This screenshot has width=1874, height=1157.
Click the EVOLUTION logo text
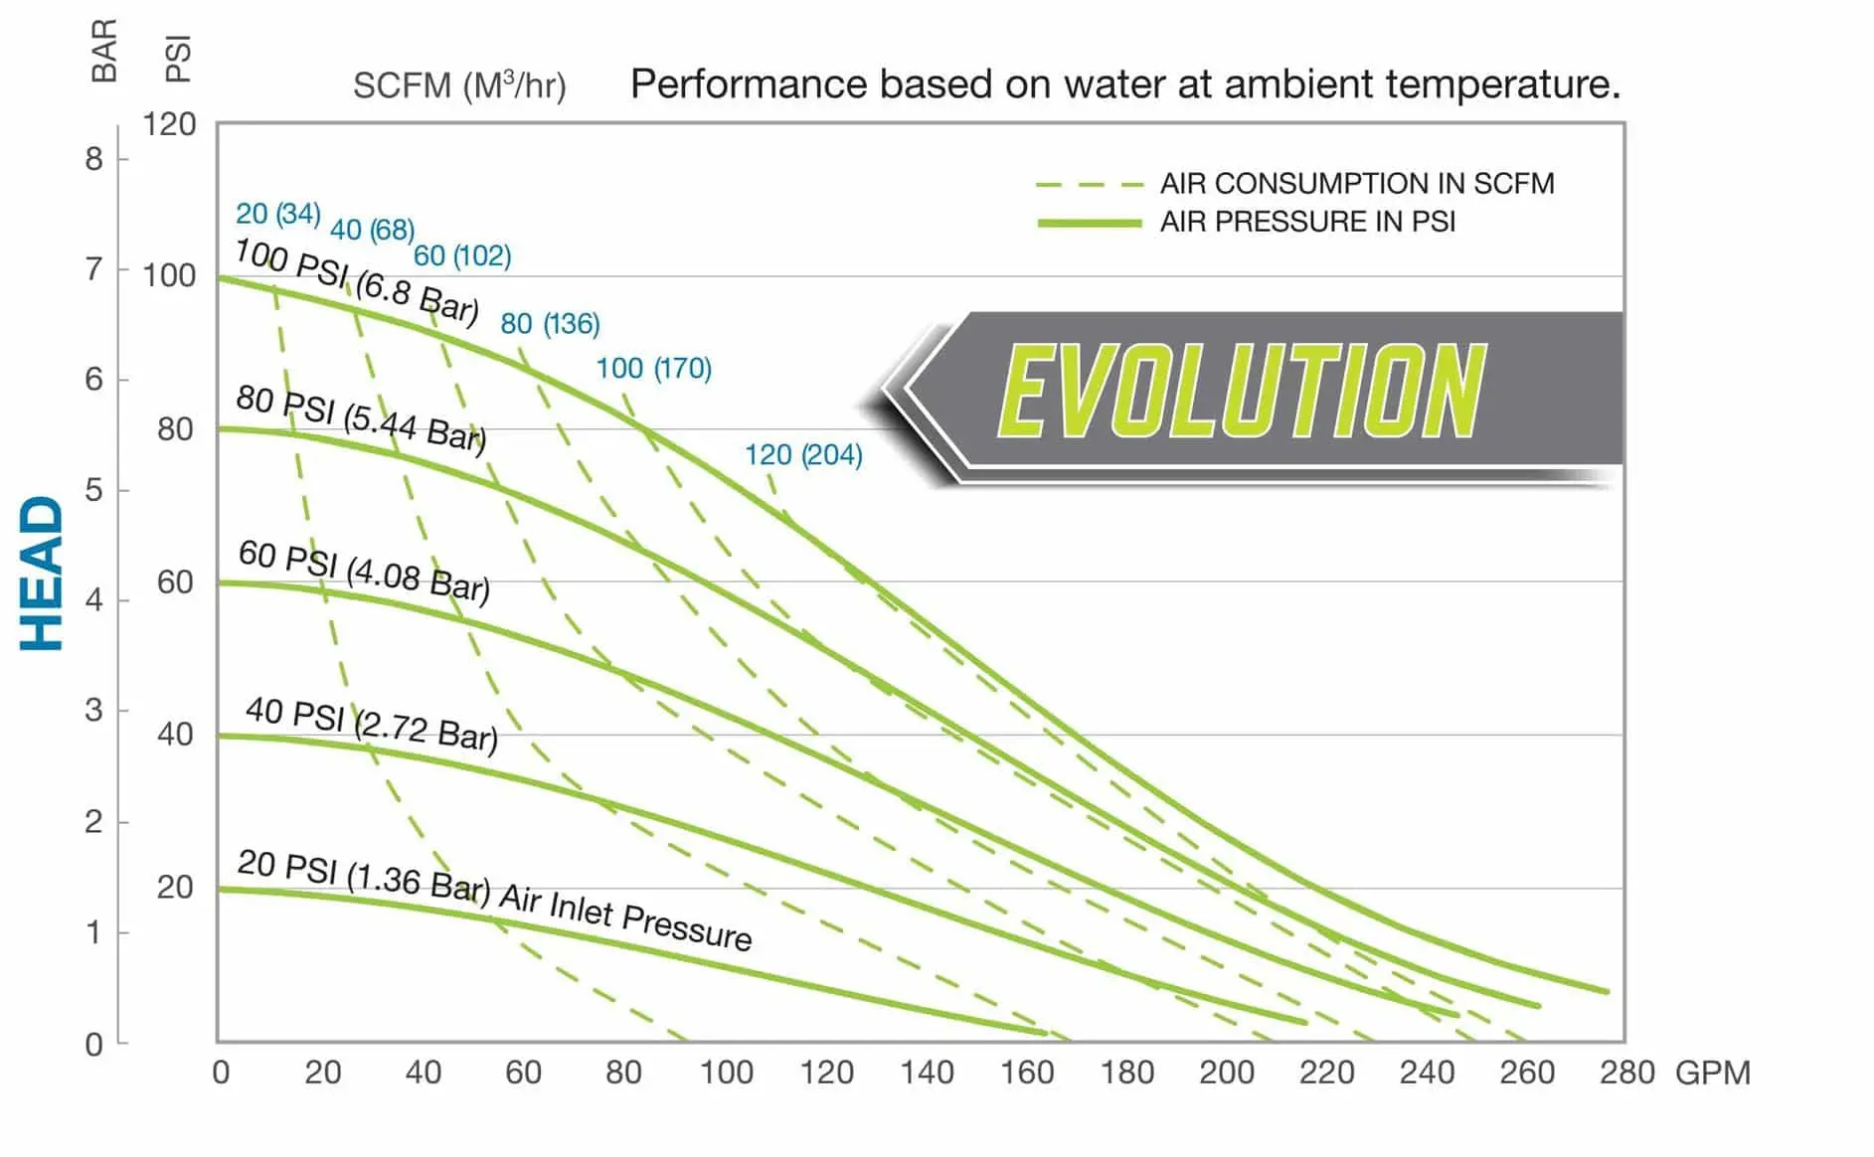(x=1242, y=391)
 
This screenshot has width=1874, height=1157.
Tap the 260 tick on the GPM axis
(x=1527, y=1073)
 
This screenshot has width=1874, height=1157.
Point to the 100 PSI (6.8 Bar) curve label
(x=357, y=281)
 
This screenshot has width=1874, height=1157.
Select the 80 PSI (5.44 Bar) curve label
(x=361, y=418)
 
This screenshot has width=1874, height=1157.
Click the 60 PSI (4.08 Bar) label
(x=364, y=572)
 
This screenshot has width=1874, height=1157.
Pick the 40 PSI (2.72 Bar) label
(x=371, y=725)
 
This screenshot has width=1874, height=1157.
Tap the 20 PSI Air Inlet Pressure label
(x=494, y=901)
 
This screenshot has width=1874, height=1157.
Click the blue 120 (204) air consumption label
(x=803, y=455)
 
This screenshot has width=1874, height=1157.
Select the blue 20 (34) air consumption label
(x=277, y=214)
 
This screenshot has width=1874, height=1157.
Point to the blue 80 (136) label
(x=550, y=324)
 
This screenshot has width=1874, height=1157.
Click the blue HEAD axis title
(x=42, y=574)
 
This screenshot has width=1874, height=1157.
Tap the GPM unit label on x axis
(x=1712, y=1074)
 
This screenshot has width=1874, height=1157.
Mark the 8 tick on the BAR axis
(x=93, y=159)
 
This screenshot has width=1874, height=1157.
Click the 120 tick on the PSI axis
(x=169, y=125)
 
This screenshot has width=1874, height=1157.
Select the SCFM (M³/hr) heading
(x=459, y=85)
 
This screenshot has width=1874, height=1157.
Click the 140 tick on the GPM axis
(x=927, y=1073)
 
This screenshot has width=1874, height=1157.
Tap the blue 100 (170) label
(x=653, y=369)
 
